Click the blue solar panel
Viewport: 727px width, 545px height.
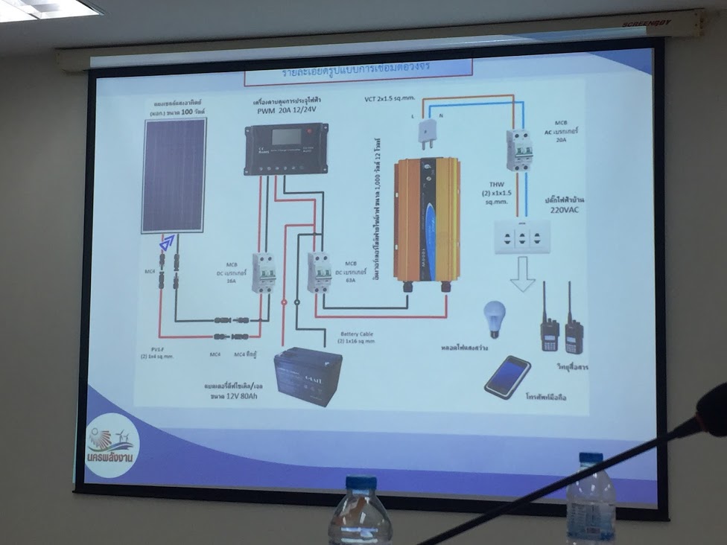(174, 175)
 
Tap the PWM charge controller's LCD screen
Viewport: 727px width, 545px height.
(286, 137)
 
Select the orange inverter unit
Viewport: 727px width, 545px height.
(426, 220)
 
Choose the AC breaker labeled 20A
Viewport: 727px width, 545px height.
(518, 150)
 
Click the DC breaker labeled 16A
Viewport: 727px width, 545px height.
(263, 272)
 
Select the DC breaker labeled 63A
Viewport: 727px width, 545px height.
(319, 272)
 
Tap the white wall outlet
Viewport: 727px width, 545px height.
(522, 237)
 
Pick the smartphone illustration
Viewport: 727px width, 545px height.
(507, 377)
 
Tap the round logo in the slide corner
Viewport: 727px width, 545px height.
(112, 445)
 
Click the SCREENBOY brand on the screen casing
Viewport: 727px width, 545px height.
(646, 23)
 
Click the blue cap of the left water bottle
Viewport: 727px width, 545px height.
(361, 482)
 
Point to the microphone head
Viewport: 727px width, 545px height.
(711, 410)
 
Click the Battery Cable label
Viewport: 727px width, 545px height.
(357, 334)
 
